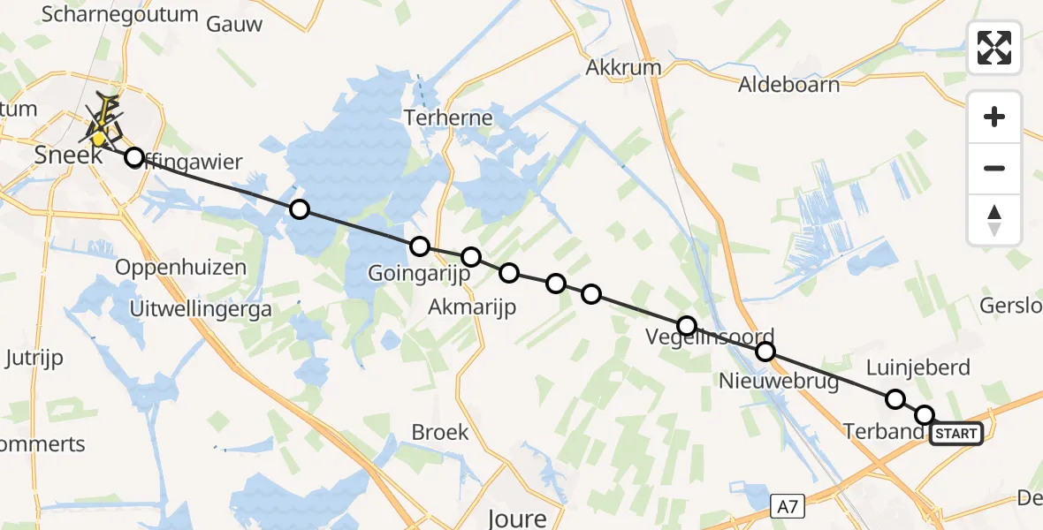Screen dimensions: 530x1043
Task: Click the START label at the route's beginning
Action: [x=956, y=434]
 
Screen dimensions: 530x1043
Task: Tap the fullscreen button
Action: [x=994, y=48]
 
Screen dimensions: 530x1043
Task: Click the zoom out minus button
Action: [x=994, y=168]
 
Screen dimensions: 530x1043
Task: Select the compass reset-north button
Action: [x=994, y=220]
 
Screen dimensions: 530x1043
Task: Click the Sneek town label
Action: [x=64, y=155]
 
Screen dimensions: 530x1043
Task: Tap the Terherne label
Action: [x=447, y=117]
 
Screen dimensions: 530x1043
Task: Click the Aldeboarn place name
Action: [x=789, y=85]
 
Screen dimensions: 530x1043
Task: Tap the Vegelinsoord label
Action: [x=710, y=337]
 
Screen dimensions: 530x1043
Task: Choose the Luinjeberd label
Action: [x=918, y=367]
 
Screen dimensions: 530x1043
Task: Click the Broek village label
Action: [x=439, y=433]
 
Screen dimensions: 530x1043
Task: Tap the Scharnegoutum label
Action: [x=108, y=14]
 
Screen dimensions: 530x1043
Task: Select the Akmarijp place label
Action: [x=471, y=307]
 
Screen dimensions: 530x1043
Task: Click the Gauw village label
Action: [x=234, y=24]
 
